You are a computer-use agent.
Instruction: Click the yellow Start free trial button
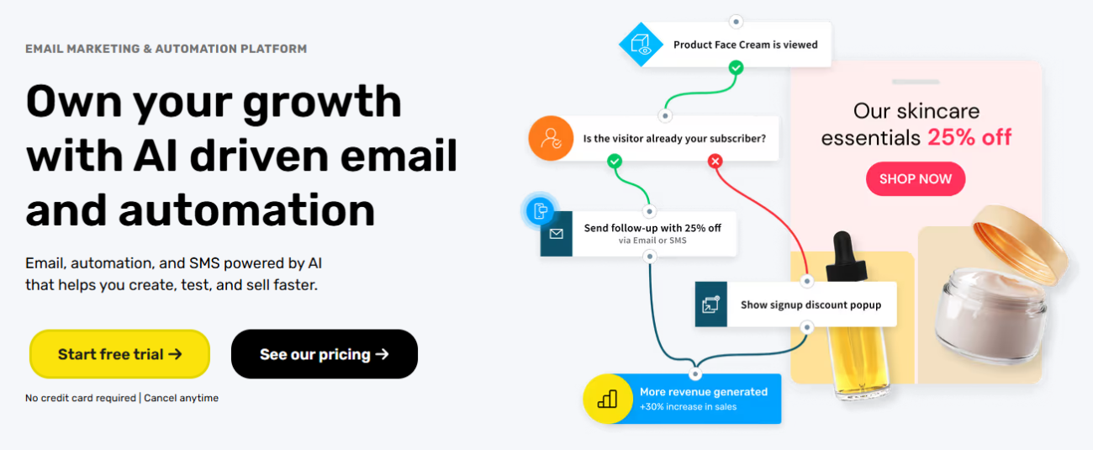tap(119, 354)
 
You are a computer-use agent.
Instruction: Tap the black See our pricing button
tap(325, 354)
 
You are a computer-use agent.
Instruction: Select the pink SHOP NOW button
tap(916, 178)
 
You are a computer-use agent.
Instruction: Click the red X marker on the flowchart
tap(715, 161)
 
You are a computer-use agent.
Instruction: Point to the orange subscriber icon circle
tap(551, 138)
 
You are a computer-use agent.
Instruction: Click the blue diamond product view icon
tap(641, 45)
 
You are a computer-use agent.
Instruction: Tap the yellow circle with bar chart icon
tap(608, 399)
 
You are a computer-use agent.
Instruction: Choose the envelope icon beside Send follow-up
tap(557, 235)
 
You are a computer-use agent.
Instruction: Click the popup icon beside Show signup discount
tap(711, 304)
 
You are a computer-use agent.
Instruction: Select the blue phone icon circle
tap(540, 211)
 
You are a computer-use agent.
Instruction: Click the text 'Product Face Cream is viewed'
tap(746, 45)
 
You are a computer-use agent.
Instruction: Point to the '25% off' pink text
tap(969, 137)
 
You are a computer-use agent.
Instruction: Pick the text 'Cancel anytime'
tap(181, 398)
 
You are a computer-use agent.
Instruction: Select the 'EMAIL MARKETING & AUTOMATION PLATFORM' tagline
tap(166, 49)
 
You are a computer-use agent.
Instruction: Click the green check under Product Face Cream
tap(737, 67)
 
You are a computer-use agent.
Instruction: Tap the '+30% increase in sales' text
tap(688, 406)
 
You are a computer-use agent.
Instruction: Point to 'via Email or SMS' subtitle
tap(652, 240)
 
